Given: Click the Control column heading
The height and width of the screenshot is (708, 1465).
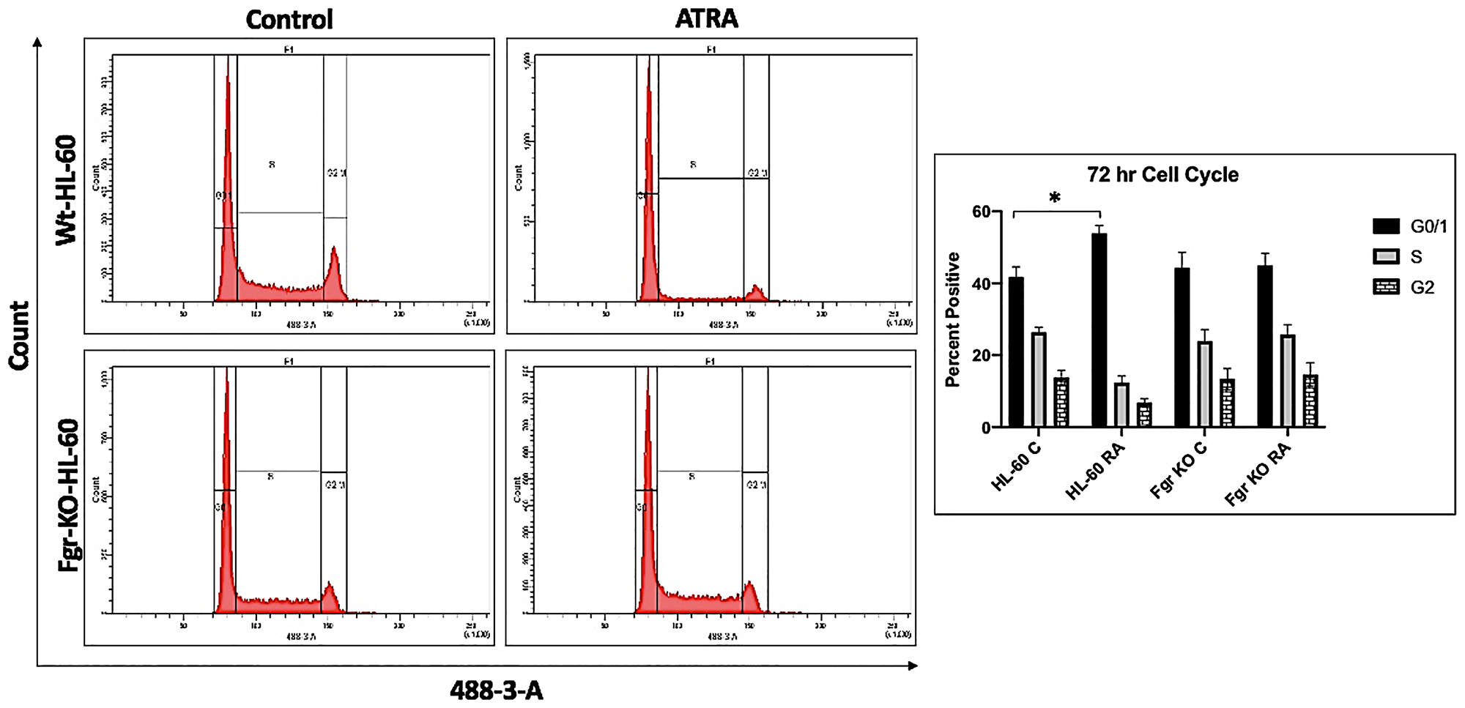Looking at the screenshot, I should pos(289,19).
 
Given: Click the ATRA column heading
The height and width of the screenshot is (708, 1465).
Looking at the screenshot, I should pos(706,19).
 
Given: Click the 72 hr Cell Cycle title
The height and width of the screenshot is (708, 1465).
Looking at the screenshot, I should pos(1162,175).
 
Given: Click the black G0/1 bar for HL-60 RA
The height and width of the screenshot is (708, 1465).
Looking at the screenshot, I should pos(1099,330).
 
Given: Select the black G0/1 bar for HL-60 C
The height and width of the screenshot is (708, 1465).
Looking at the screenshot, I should pos(1016,352).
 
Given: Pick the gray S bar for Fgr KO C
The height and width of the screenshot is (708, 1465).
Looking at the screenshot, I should pos(1205,384).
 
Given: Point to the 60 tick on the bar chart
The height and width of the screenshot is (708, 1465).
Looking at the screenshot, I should pos(982,212).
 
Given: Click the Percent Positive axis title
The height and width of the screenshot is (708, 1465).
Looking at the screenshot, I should pos(952,319).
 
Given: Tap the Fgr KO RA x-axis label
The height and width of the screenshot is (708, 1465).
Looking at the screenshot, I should pos(1258,474).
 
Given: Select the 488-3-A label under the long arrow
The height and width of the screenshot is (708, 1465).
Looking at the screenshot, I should pos(496,690).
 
